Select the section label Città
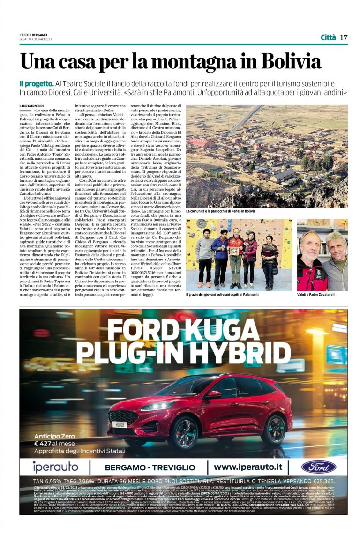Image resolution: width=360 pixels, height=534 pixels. pyautogui.click(x=328, y=37)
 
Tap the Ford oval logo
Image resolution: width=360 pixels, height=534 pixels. pyautogui.click(x=318, y=467)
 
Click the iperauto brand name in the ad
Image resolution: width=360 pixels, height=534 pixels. pyautogui.click(x=55, y=467)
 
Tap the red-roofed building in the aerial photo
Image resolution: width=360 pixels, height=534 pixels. pyautogui.click(x=202, y=142)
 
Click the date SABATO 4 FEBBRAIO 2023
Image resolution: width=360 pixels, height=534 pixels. pyautogui.click(x=36, y=39)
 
